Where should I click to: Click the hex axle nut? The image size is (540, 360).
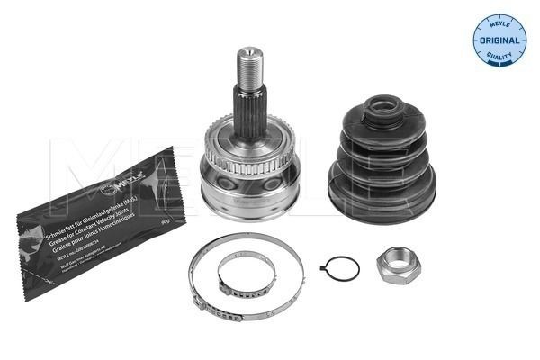click(396, 266)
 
